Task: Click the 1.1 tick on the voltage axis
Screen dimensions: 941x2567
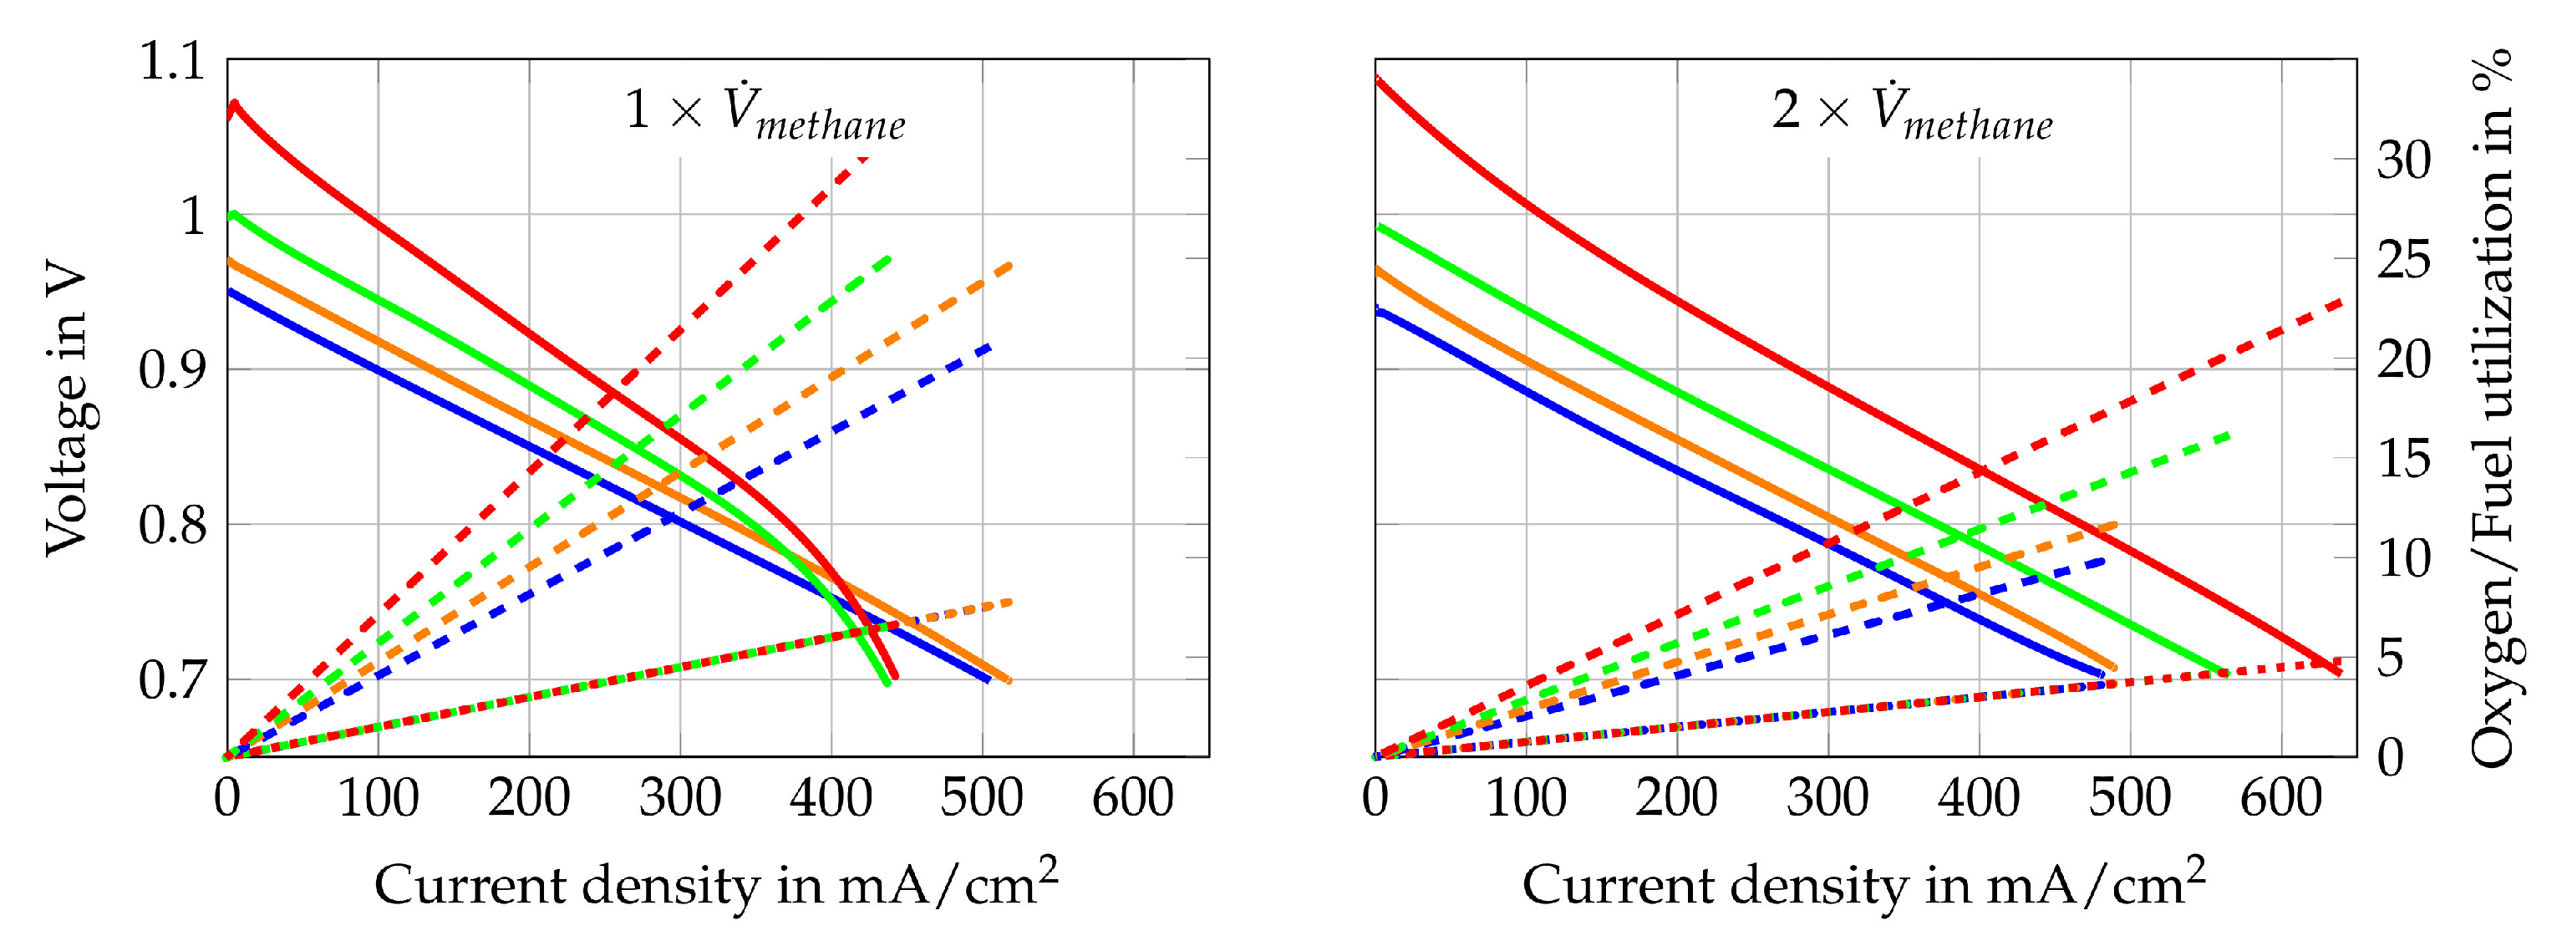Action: tap(171, 62)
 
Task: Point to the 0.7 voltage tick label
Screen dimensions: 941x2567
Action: tap(171, 681)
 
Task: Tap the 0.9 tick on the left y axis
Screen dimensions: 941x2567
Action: tap(171, 371)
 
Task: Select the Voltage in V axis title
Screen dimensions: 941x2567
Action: tap(68, 409)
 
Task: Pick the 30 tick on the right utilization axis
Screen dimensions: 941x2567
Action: tap(2403, 160)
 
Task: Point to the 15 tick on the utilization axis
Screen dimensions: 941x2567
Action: tap(2403, 459)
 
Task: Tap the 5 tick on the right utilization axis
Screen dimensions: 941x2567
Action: tap(2403, 658)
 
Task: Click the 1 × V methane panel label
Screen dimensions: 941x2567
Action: tap(765, 112)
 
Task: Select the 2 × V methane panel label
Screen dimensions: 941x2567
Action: tap(1912, 112)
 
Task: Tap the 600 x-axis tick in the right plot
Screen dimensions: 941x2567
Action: tap(2280, 798)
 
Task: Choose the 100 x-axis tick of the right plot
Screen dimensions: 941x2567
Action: tap(1526, 798)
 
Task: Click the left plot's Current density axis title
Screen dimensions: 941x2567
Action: tap(715, 883)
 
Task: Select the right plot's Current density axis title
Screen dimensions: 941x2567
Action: tap(1863, 883)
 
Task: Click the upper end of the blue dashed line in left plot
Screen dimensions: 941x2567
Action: tap(989, 346)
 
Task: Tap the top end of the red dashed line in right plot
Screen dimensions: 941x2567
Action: tap(2341, 299)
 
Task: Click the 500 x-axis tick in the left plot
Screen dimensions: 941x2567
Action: tap(982, 798)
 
